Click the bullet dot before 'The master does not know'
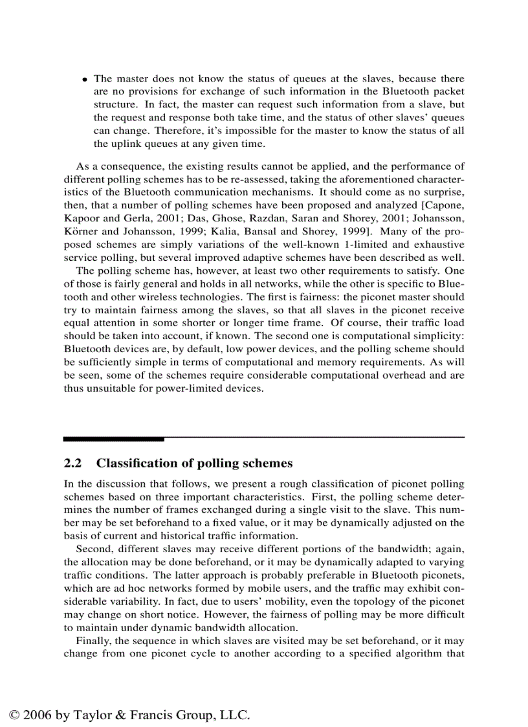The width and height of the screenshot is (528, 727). [x=85, y=79]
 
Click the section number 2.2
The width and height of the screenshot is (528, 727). [x=73, y=464]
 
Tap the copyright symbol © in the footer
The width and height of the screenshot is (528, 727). [x=15, y=715]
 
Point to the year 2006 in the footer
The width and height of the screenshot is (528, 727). [x=38, y=715]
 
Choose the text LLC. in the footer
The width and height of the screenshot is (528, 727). [x=235, y=715]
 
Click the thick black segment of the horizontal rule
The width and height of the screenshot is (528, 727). [x=113, y=439]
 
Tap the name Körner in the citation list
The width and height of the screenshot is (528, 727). [x=80, y=232]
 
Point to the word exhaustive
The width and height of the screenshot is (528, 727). [x=441, y=245]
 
